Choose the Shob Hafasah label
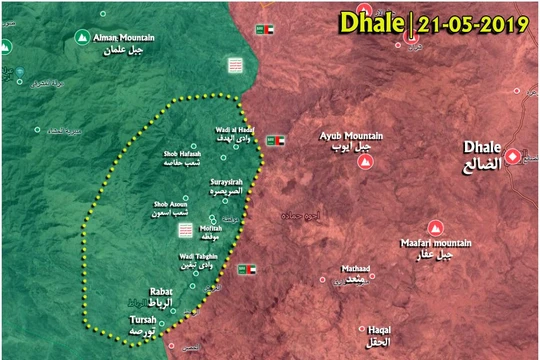click(x=184, y=154)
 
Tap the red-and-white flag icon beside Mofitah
click(x=185, y=229)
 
